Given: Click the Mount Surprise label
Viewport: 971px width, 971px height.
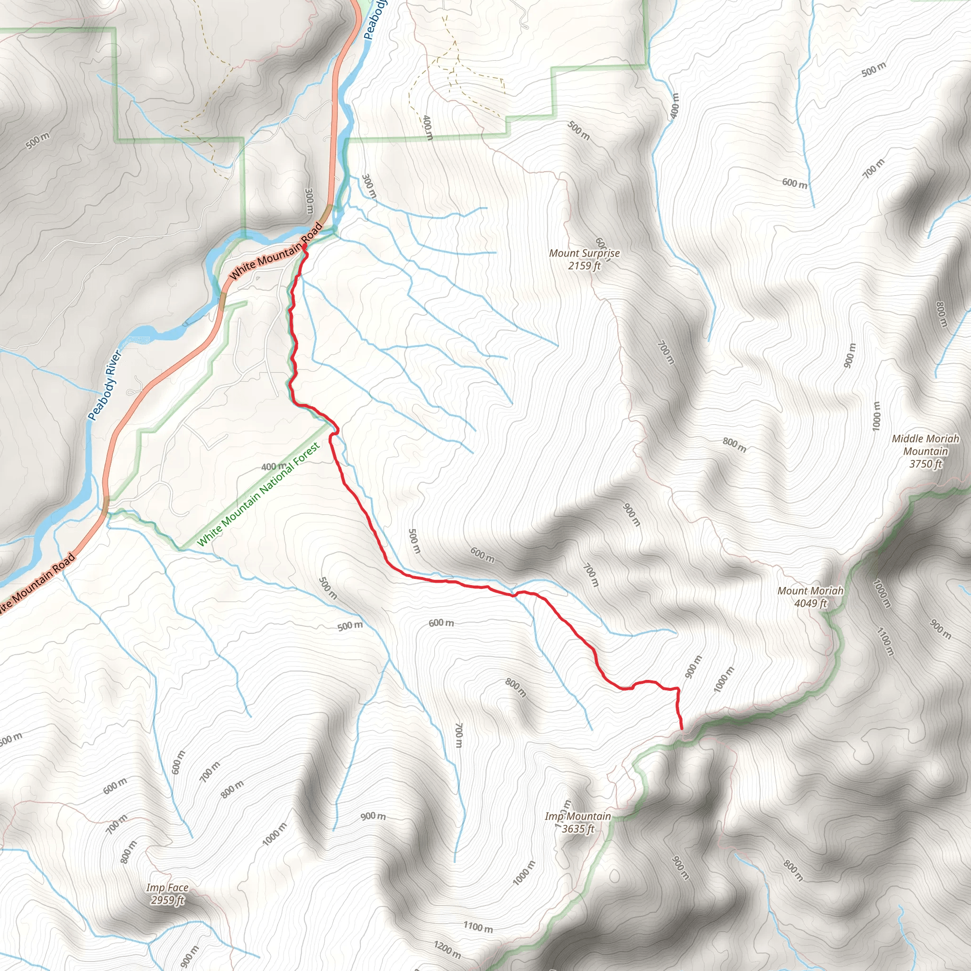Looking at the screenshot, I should click(x=584, y=253).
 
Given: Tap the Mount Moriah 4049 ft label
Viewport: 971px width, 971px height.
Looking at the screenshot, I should click(x=810, y=596).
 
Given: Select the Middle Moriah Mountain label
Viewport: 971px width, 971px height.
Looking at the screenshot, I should click(x=925, y=445).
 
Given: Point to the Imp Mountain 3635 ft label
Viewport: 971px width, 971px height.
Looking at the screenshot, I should click(x=578, y=822).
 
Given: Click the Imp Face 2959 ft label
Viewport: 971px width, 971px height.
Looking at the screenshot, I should click(x=167, y=894).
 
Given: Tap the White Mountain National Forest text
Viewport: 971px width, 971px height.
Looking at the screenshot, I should click(x=258, y=495).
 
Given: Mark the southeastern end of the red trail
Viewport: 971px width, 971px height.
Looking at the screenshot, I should click(x=681, y=728).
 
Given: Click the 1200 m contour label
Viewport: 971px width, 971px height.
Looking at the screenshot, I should click(x=447, y=949).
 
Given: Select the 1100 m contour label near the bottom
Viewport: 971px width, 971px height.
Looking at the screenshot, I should click(x=477, y=927).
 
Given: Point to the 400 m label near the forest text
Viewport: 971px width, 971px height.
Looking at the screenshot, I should click(x=274, y=467).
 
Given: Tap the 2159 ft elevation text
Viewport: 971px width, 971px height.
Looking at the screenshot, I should click(x=584, y=266).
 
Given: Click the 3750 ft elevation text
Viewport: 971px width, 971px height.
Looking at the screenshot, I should click(x=925, y=464).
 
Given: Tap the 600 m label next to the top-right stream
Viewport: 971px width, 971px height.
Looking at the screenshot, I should click(x=795, y=183).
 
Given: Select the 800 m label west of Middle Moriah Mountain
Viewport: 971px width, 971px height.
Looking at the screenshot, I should click(x=734, y=444).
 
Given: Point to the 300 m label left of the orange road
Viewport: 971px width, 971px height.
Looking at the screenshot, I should click(x=309, y=200).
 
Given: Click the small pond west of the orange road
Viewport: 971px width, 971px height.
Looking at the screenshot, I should click(x=136, y=341).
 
